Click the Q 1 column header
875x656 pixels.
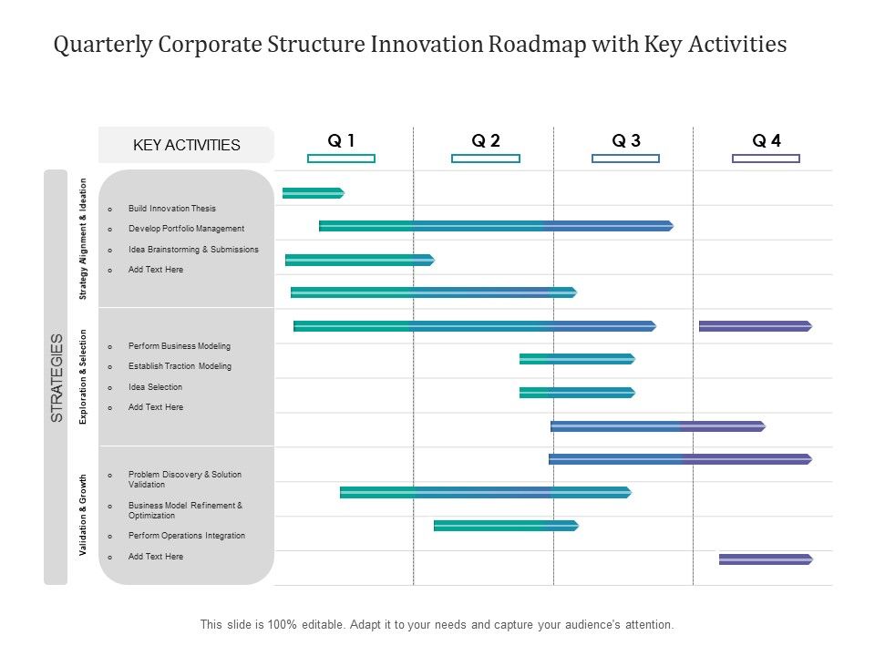[x=341, y=140]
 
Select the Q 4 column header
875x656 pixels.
[x=766, y=140]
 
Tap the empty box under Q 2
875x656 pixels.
[x=485, y=159]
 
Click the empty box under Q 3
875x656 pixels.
[x=625, y=159]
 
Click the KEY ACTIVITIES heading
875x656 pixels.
[x=186, y=145]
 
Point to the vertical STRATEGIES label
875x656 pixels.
[x=57, y=377]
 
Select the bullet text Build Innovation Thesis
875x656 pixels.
[x=172, y=209]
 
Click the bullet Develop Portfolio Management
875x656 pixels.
[x=186, y=229]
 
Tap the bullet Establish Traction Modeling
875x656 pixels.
[x=180, y=366]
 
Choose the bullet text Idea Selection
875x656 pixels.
[x=155, y=387]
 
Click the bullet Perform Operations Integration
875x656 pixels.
[x=186, y=536]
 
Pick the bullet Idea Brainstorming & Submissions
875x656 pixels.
[x=193, y=250]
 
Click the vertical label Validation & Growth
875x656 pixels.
[x=83, y=515]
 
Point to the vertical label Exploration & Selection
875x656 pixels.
[x=83, y=376]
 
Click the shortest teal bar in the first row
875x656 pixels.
[x=313, y=193]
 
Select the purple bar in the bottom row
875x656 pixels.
[x=765, y=559]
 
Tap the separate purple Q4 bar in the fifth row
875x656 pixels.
[x=755, y=326]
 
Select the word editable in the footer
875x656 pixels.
[x=305, y=625]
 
